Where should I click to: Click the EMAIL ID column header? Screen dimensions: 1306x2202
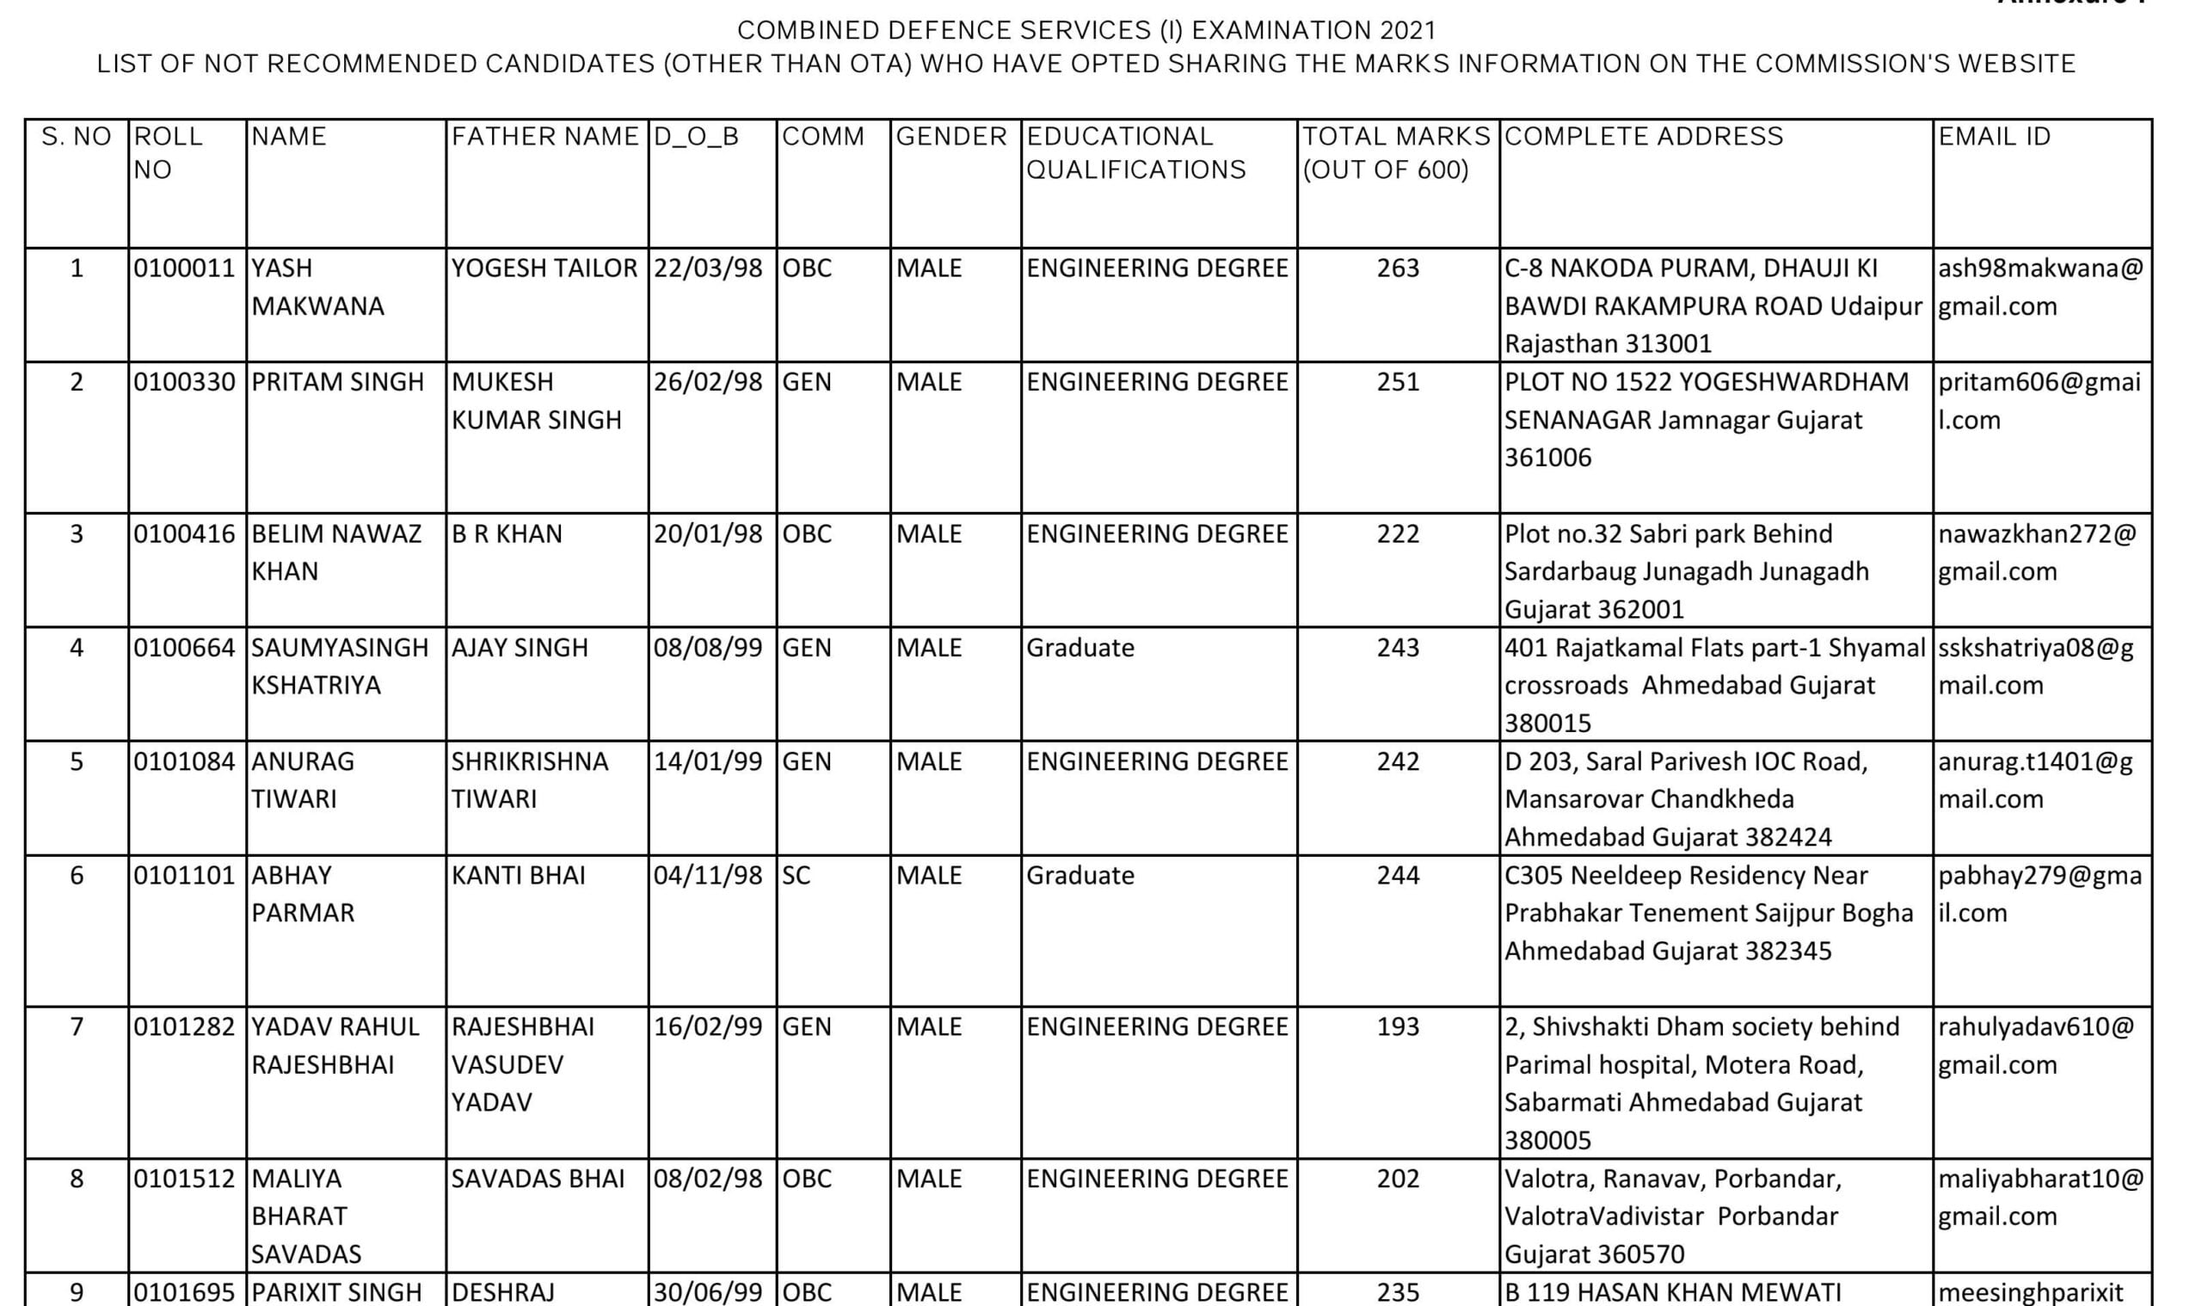(x=1994, y=137)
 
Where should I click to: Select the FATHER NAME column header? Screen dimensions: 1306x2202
(x=544, y=137)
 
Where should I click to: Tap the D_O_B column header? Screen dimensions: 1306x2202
(x=696, y=137)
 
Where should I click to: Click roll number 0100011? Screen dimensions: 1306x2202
(x=185, y=268)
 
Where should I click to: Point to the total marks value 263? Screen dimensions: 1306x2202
(x=1398, y=268)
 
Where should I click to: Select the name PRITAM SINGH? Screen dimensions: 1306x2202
(x=338, y=382)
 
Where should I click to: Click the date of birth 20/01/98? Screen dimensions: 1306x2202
(x=708, y=534)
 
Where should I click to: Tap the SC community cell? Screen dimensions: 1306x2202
(x=797, y=876)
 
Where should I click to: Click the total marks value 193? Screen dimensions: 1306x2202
(x=1398, y=1027)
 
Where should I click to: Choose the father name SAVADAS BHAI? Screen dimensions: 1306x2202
(x=538, y=1179)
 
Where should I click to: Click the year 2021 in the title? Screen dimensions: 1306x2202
(x=1407, y=31)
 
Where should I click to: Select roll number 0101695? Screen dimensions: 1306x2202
(x=185, y=1292)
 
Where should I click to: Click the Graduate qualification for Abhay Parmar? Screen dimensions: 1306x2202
(x=1080, y=876)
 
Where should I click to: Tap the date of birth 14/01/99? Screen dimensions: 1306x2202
(x=708, y=761)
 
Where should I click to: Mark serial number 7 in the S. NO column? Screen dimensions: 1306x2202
(x=77, y=1027)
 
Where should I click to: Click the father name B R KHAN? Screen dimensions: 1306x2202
(x=507, y=534)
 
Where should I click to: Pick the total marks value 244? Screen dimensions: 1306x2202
(x=1398, y=876)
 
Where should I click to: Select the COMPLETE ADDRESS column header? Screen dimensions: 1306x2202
(x=1644, y=137)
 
